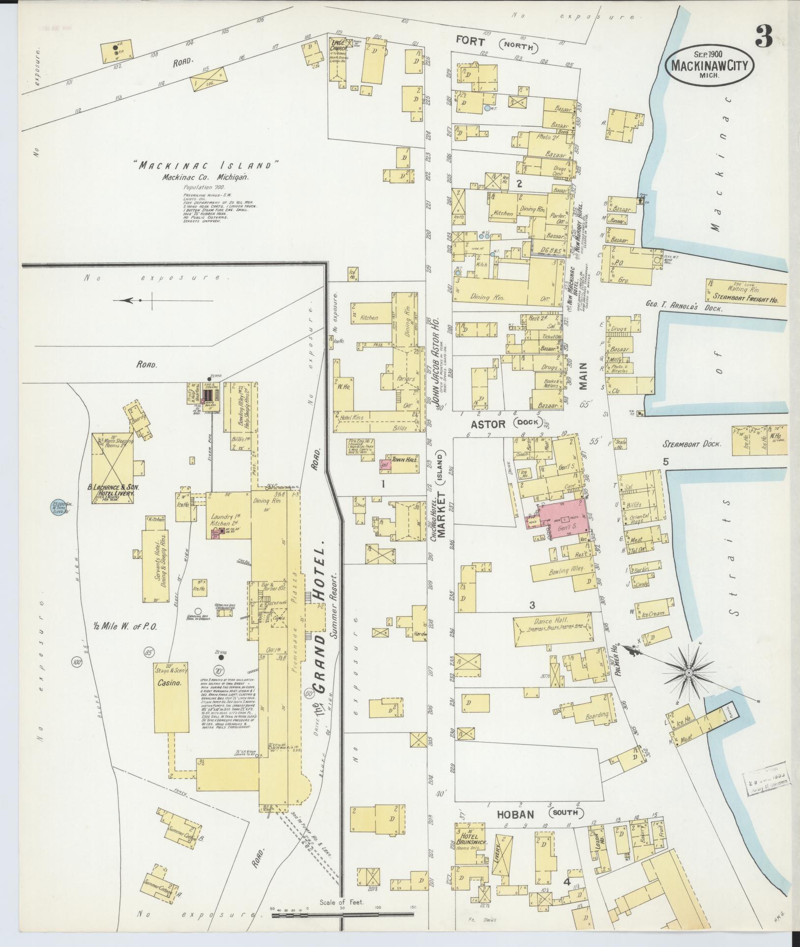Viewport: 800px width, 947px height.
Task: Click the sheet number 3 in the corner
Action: [764, 36]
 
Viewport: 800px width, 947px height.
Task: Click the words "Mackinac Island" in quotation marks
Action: [206, 166]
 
